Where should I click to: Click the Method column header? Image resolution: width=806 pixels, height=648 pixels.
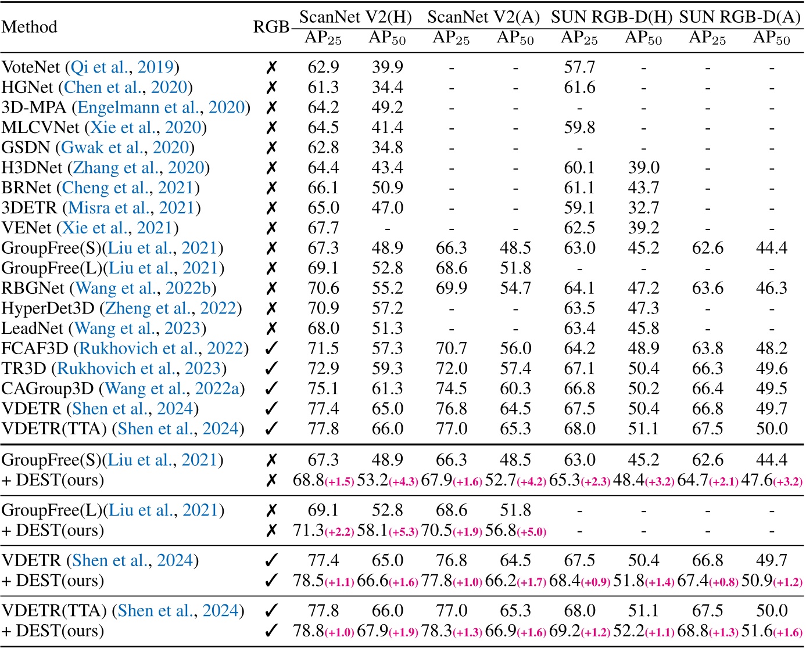tap(29, 27)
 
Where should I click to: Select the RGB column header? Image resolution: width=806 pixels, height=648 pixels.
tap(271, 27)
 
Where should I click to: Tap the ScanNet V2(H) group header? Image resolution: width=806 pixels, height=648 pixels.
tap(355, 17)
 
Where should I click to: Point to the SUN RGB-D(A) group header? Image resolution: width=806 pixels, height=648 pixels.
tap(740, 17)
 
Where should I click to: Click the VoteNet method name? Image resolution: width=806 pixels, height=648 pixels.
tap(30, 67)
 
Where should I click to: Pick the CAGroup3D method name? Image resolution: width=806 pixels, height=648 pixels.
tap(49, 388)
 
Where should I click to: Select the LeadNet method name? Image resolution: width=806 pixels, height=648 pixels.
tap(32, 329)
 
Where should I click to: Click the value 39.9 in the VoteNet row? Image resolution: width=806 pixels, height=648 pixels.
tap(387, 67)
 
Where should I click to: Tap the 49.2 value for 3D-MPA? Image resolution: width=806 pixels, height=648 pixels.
tap(387, 107)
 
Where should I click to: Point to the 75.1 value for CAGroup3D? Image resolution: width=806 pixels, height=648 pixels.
tap(323, 388)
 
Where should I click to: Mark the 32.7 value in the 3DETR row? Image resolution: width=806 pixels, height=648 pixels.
tap(643, 208)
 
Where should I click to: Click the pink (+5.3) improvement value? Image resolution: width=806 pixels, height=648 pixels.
tap(403, 532)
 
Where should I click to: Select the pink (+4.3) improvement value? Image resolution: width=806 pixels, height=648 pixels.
tap(403, 481)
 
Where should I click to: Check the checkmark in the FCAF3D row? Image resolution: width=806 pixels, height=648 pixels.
tap(271, 348)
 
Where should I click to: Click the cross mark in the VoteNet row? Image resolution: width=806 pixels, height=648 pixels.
tap(271, 67)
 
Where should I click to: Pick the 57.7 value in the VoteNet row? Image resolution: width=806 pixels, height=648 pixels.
tap(579, 67)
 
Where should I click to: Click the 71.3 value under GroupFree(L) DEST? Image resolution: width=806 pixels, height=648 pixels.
tap(309, 531)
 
